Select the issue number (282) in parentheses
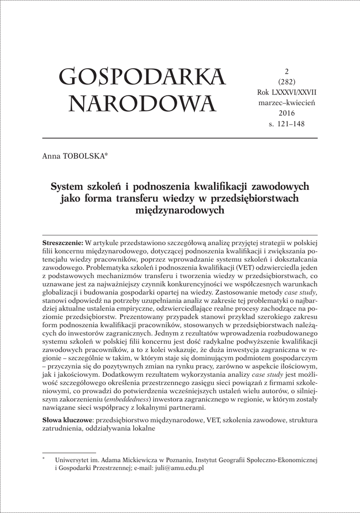pyautogui.click(x=287, y=82)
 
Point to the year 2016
pyautogui.click(x=287, y=113)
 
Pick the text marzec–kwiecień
pyautogui.click(x=287, y=103)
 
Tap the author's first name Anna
pyautogui.click(x=52, y=157)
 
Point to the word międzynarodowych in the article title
pyautogui.click(x=180, y=210)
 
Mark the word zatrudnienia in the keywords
pyautogui.click(x=62, y=429)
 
